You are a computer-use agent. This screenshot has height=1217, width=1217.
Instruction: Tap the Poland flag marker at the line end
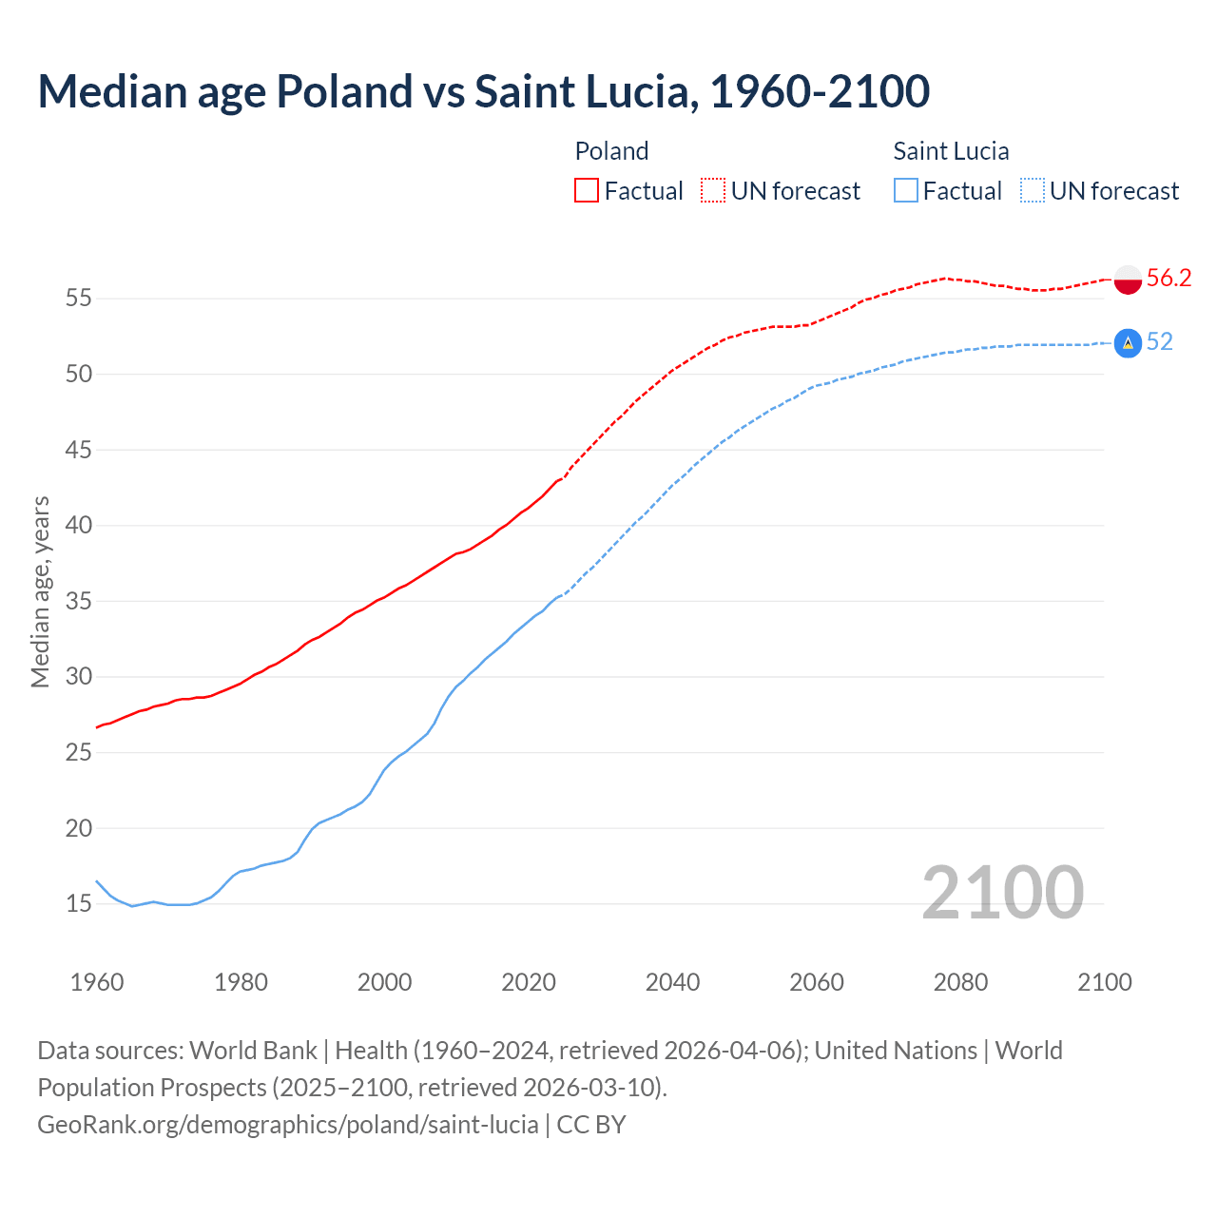click(1128, 280)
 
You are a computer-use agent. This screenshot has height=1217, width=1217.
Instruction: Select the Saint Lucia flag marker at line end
click(1128, 342)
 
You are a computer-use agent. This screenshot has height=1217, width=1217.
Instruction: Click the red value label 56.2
click(1169, 278)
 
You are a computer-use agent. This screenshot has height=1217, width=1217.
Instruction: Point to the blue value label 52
click(1159, 341)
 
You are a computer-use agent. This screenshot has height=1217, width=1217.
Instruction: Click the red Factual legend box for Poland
click(587, 191)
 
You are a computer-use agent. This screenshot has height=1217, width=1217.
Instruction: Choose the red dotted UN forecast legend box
click(713, 191)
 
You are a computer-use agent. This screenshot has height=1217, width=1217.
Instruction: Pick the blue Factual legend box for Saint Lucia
click(906, 191)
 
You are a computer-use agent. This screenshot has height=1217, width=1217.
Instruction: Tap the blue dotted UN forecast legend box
click(1032, 191)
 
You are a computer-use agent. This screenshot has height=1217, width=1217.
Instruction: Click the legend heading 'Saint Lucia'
click(951, 151)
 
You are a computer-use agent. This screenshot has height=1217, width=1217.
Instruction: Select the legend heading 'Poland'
click(611, 151)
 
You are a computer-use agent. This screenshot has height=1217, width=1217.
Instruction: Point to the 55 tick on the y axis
click(78, 299)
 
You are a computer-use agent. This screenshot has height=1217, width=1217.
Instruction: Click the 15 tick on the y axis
click(78, 904)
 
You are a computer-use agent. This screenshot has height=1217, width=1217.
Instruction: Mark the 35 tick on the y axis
click(78, 602)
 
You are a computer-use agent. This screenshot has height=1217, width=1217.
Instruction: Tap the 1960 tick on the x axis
click(97, 982)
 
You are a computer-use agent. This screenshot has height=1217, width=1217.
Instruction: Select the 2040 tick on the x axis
click(672, 982)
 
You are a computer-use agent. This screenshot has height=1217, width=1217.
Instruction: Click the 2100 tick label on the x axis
click(1104, 982)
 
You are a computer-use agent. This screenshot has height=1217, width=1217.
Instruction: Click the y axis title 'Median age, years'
click(40, 591)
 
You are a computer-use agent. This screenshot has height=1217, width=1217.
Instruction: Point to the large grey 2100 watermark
click(1002, 893)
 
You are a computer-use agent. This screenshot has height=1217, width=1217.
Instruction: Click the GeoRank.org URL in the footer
click(288, 1125)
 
